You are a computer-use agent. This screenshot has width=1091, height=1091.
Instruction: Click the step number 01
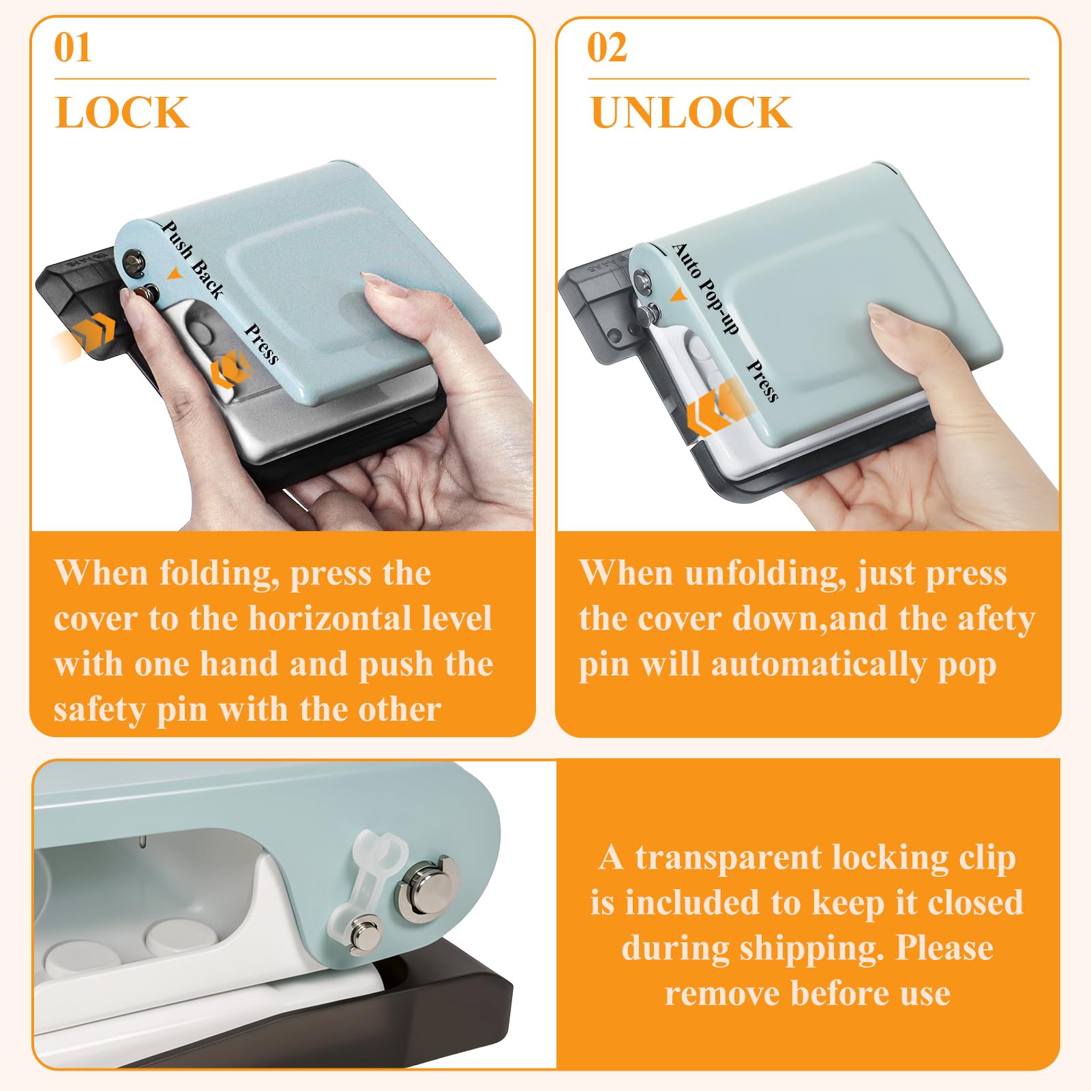[72, 48]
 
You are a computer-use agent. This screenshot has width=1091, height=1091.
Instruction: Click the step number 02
[607, 48]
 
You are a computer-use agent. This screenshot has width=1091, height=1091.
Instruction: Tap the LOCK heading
[121, 113]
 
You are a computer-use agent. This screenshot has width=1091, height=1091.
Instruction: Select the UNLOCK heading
[691, 113]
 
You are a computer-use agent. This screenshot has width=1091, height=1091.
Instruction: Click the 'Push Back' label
[193, 260]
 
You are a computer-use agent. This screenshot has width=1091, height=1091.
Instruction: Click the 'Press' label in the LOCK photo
[262, 344]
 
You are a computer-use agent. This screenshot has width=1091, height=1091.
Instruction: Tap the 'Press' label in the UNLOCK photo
[763, 380]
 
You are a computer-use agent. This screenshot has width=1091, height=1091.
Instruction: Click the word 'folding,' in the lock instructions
[219, 574]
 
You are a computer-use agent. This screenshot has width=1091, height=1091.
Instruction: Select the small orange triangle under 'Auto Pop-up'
[678, 295]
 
